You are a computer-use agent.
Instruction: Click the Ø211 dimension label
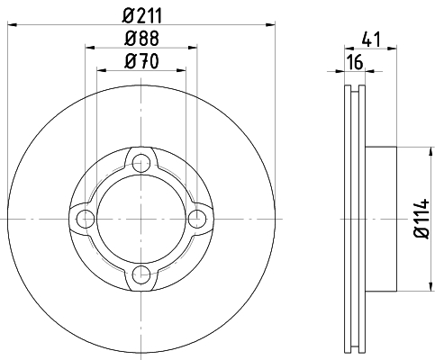pos(142,16)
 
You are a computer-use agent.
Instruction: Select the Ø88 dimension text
pos(141,39)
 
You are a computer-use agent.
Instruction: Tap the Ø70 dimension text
pos(141,61)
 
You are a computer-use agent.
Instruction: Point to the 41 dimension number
pos(371,40)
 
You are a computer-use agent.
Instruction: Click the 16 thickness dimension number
pos(355,62)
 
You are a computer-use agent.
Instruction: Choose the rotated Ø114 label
pos(421,219)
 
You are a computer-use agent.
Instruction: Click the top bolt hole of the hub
pos(141,164)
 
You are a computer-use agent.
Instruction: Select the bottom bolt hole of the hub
pos(141,274)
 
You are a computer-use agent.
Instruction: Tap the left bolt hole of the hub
pos(86,219)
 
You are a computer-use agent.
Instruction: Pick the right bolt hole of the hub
pos(197,219)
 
